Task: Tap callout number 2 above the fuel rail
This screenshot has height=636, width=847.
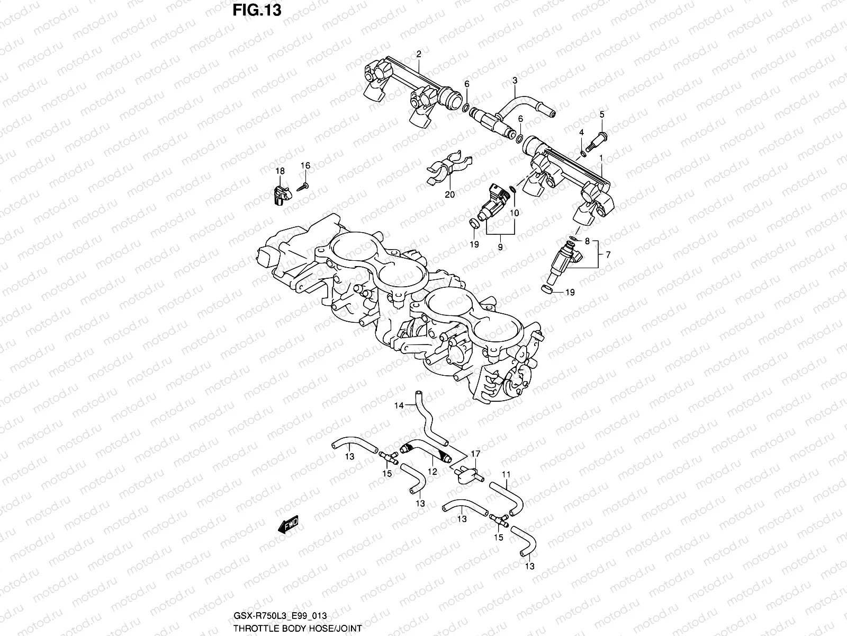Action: coord(418,54)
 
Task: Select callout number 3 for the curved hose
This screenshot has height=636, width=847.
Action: coord(514,81)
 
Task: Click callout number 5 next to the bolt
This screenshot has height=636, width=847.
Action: coord(601,115)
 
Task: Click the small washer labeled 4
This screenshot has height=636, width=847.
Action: coord(582,154)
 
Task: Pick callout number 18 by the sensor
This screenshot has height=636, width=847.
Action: coord(280,171)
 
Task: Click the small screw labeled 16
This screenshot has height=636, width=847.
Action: coord(303,186)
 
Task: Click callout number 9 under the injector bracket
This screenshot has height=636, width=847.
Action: coord(500,247)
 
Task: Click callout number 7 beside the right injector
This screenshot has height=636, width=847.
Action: coord(608,255)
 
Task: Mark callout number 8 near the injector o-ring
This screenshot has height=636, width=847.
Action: coord(587,242)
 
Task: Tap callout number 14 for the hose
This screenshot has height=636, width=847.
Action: coord(398,406)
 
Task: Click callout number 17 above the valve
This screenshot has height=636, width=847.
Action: coord(475,454)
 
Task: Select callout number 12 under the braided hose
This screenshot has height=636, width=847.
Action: coord(432,471)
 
